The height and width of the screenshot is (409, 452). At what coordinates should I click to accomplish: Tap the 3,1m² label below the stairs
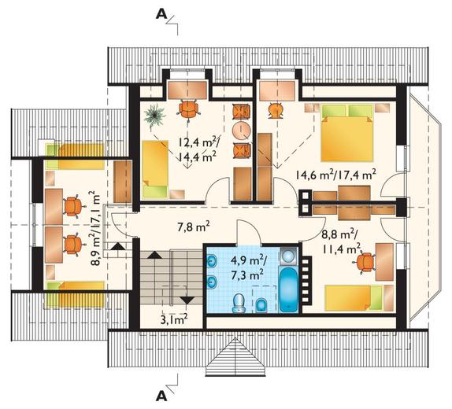(x=174, y=319)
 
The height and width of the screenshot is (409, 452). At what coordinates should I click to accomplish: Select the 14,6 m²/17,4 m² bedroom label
(x=335, y=175)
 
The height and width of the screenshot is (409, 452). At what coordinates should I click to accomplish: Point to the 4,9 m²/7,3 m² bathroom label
(x=249, y=268)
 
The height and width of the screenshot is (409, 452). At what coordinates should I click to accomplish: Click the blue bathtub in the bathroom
(x=288, y=289)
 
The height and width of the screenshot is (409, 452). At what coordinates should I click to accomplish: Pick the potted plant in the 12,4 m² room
(x=155, y=115)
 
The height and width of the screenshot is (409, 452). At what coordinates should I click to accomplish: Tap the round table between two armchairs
(x=242, y=129)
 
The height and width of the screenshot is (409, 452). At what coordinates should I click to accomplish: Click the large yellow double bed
(x=347, y=133)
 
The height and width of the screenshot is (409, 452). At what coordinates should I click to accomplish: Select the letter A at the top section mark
(x=161, y=15)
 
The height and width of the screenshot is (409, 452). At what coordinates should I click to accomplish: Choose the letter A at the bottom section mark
(x=161, y=396)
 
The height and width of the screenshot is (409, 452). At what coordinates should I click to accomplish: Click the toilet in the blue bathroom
(x=239, y=304)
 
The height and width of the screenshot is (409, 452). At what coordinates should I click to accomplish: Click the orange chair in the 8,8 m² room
(x=365, y=262)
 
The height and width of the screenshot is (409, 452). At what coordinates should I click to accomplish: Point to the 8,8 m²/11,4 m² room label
(x=341, y=242)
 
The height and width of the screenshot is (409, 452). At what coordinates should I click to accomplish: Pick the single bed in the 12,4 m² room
(x=155, y=169)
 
